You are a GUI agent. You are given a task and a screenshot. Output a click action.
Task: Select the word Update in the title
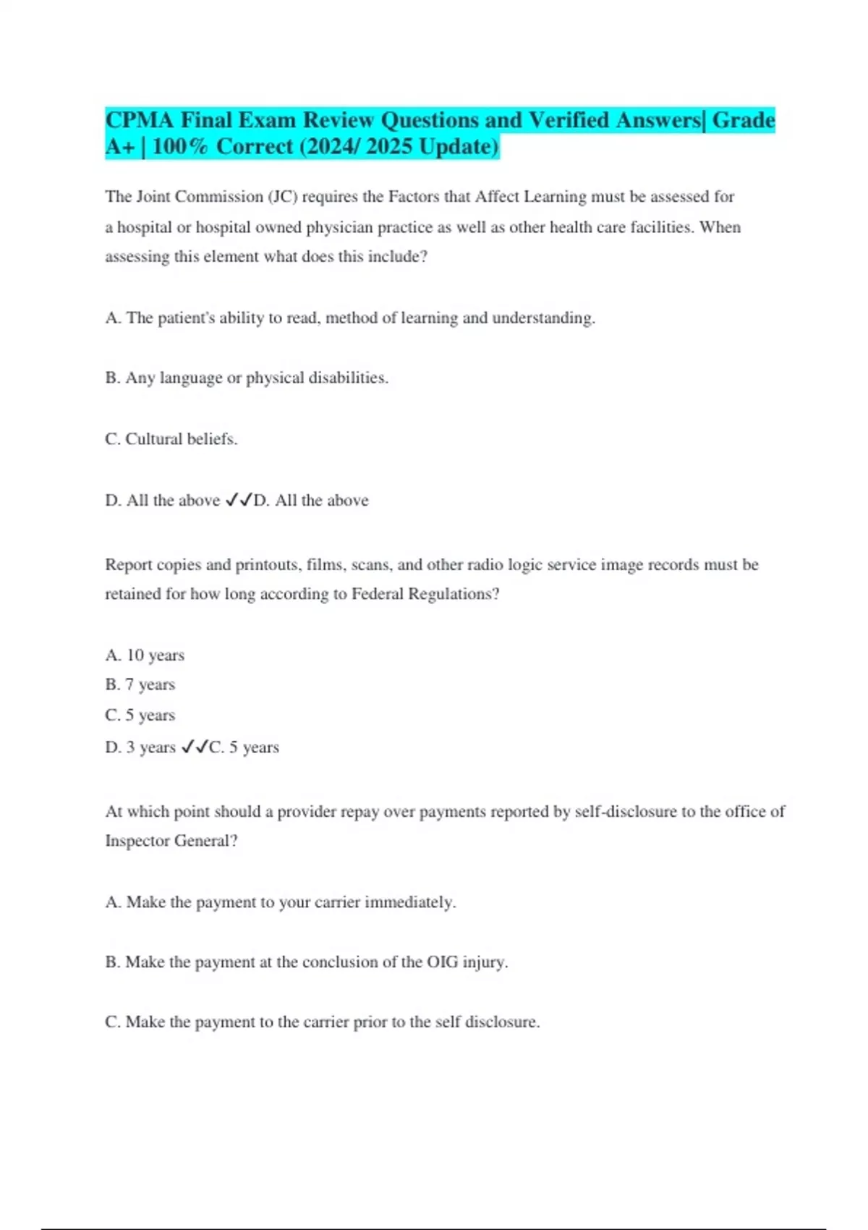tap(458, 147)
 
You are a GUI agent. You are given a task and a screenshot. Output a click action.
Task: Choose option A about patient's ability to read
tap(349, 318)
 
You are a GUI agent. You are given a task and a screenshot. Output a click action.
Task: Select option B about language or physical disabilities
tap(247, 378)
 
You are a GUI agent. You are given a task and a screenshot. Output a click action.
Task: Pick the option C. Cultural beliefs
tap(171, 439)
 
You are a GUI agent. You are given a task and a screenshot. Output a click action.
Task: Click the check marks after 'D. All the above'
tap(239, 500)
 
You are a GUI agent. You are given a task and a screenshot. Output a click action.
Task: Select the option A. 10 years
tap(145, 656)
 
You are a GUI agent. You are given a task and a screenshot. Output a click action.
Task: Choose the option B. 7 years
tap(140, 684)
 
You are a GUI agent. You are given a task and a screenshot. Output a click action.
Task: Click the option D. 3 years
tap(140, 747)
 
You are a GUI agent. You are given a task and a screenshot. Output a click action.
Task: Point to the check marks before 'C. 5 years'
tap(195, 747)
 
